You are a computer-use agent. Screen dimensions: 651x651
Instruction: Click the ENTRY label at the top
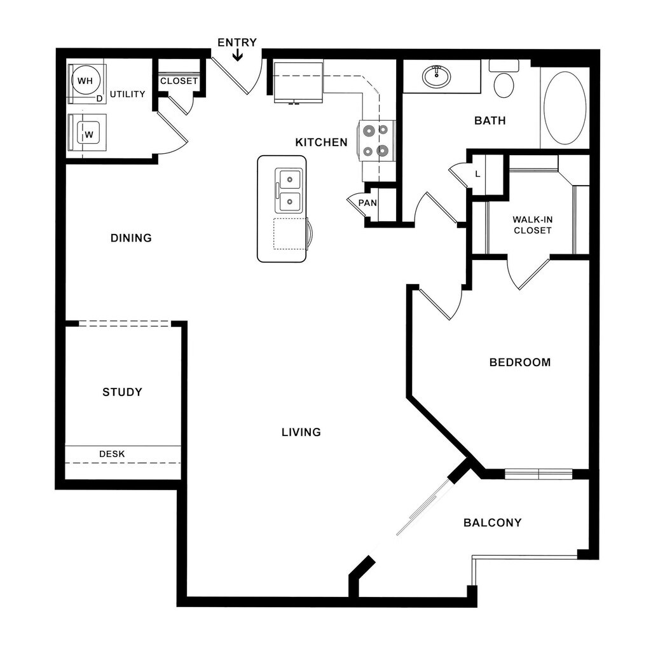click(237, 43)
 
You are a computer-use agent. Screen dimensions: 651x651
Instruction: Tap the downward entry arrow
click(237, 56)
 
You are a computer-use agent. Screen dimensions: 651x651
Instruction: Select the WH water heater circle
click(85, 81)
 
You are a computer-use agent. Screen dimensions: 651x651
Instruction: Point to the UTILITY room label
click(128, 94)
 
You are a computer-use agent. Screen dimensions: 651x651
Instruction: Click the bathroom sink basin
click(436, 77)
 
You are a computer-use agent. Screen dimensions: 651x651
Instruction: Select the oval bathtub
click(565, 108)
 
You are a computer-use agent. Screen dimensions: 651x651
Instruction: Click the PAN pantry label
click(367, 203)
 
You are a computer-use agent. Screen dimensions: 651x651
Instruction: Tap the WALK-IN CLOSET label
click(533, 224)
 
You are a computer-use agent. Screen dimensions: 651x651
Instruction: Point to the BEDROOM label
click(520, 362)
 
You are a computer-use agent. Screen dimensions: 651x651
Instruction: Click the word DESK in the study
click(112, 454)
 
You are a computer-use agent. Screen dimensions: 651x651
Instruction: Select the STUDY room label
click(122, 392)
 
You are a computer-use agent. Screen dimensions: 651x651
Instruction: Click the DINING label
click(131, 238)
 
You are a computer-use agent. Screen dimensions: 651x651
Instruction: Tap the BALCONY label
click(492, 523)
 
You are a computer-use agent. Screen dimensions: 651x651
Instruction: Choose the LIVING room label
click(301, 432)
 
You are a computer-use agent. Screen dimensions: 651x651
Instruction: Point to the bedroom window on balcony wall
click(538, 474)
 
